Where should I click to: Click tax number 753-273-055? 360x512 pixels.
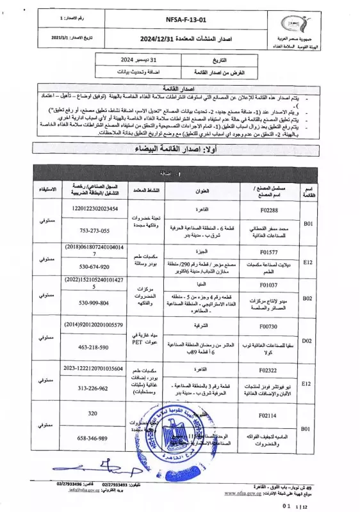(94, 230)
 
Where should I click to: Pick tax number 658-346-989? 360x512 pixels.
(94, 438)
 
